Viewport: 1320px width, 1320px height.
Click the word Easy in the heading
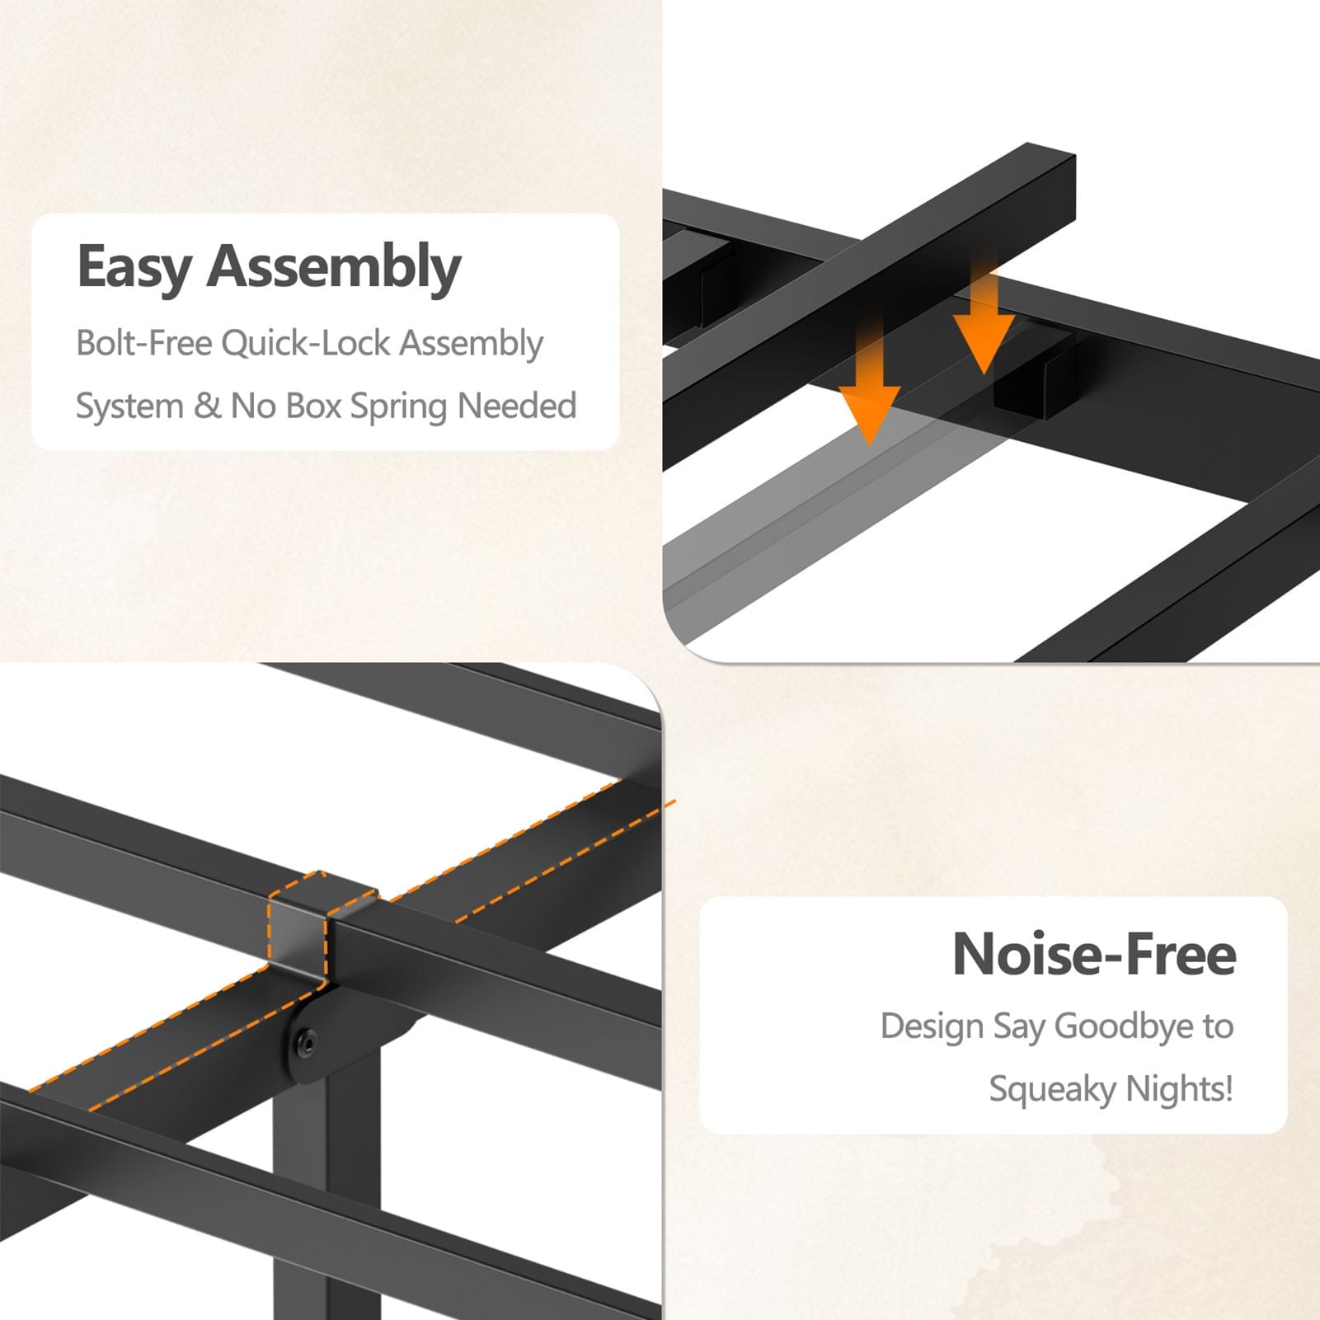coord(134,267)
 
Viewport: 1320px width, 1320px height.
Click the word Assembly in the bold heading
coord(334,267)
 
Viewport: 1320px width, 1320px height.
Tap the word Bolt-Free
coord(144,342)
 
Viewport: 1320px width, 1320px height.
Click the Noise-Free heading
coord(1094,954)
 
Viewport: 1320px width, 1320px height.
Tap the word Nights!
coord(1180,1089)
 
